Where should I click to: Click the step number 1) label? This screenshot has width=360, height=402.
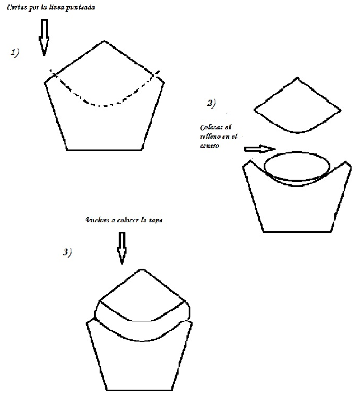coord(15,53)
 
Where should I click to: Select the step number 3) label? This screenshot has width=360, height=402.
coord(67,253)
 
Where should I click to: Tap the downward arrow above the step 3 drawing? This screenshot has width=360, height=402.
coord(120,247)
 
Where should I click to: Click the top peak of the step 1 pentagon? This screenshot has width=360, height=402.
coord(104,41)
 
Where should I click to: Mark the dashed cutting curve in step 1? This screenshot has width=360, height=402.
coord(104,105)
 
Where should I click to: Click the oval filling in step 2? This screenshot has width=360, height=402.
coord(296,167)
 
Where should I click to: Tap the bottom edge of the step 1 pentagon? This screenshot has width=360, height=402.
coord(104,150)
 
